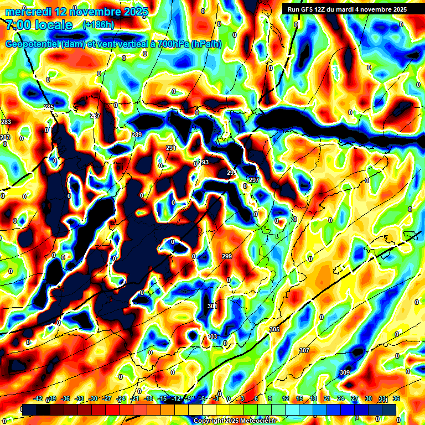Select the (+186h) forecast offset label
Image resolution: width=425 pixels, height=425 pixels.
pyautogui.click(x=99, y=24)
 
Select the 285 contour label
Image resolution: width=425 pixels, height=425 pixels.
pyautogui.click(x=49, y=107)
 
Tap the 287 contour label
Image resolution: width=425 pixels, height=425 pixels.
pyautogui.click(x=95, y=116)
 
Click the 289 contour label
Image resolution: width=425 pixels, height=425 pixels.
pyautogui.click(x=137, y=134)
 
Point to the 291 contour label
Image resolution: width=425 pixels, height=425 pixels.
pyautogui.click(x=171, y=148)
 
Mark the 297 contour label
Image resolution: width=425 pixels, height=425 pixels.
pyautogui.click(x=254, y=180)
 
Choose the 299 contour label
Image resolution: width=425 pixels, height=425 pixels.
pyautogui.click(x=227, y=256)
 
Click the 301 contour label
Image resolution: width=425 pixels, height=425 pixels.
pyautogui.click(x=212, y=306)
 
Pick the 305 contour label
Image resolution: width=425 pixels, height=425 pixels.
pyautogui.click(x=274, y=329)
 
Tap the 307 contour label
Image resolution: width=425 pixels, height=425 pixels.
pyautogui.click(x=304, y=350)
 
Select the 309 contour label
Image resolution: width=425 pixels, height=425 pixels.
pyautogui.click(x=345, y=372)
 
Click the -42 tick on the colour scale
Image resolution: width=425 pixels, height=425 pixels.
pyautogui.click(x=38, y=398)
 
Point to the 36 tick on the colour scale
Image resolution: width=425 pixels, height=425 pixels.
pyautogui.click(x=396, y=398)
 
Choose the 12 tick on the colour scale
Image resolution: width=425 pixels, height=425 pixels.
pyautogui.click(x=286, y=398)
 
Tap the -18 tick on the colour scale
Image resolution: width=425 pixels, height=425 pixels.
pyautogui.click(x=148, y=398)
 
